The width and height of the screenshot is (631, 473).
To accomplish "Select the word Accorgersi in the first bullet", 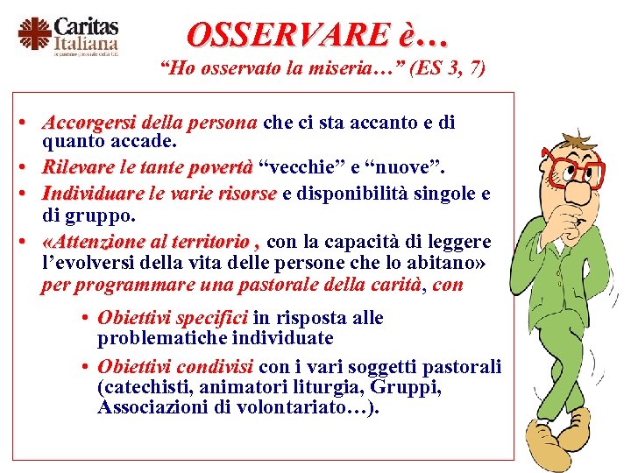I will point(88,123).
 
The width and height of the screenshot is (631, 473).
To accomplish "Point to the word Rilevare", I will point(78,166).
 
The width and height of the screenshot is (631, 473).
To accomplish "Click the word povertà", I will point(221,166).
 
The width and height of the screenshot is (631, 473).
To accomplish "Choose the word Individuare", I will point(93,193).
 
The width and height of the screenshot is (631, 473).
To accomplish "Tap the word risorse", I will point(247,193).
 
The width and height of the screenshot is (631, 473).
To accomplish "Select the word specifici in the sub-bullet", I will point(211,317).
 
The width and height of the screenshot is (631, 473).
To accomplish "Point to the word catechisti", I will point(141,386).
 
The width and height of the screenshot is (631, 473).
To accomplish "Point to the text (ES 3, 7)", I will point(443,68).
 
